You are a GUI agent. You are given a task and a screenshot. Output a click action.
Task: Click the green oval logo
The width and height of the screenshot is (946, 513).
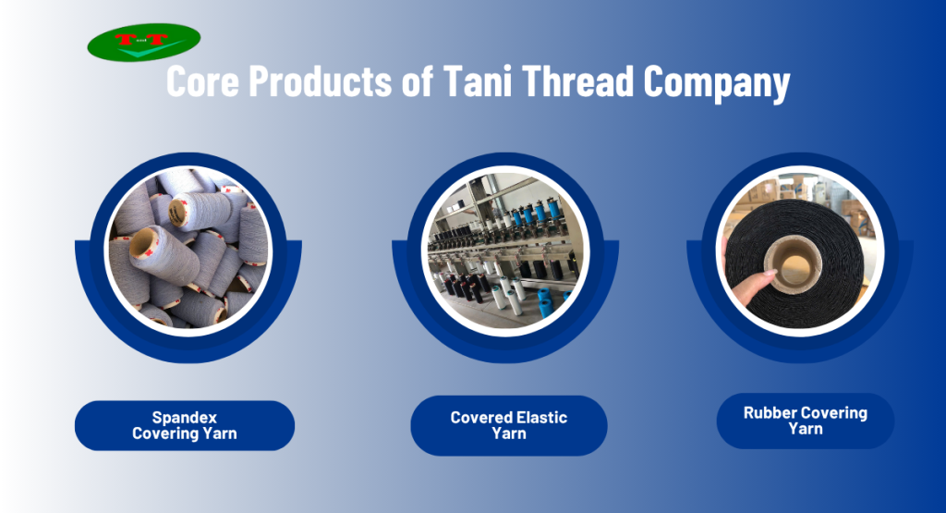pyautogui.click(x=143, y=43)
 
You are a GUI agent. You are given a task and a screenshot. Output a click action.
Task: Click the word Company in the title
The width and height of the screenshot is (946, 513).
pyautogui.click(x=717, y=83)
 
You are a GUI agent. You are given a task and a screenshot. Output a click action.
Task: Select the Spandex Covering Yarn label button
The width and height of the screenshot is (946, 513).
pyautogui.click(x=185, y=425)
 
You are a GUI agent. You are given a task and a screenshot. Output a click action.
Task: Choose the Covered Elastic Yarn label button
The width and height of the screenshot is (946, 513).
pyautogui.click(x=509, y=425)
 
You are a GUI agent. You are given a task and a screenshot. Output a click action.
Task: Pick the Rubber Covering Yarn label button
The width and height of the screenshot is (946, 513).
pyautogui.click(x=806, y=421)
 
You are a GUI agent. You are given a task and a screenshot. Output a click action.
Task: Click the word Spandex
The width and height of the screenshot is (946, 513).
pyautogui.click(x=185, y=418)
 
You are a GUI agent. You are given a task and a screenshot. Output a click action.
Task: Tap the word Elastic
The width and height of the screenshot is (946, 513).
pyautogui.click(x=535, y=418)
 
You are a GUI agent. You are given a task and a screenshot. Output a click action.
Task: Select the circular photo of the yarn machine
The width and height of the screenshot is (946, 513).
pyautogui.click(x=505, y=248)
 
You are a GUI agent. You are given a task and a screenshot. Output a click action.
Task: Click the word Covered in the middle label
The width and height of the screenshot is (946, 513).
pyautogui.click(x=480, y=418)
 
